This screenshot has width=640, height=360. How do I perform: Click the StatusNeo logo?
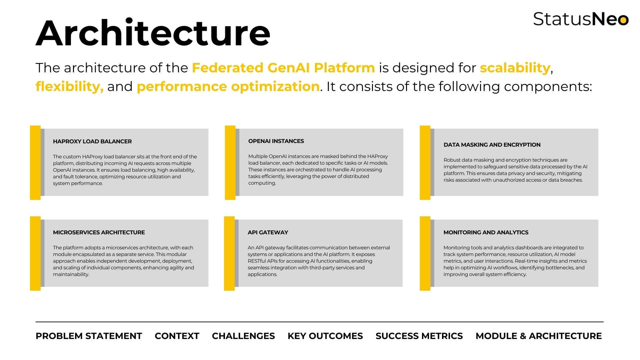(x=581, y=19)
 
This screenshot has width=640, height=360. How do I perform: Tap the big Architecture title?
(x=153, y=33)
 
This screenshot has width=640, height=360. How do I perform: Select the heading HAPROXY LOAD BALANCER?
(x=92, y=141)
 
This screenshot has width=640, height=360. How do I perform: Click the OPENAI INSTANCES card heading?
(x=276, y=141)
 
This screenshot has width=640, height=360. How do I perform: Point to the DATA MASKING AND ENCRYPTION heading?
(x=492, y=145)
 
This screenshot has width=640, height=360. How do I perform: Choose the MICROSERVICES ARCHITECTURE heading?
(x=99, y=232)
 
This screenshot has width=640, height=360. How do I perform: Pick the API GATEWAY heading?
(x=268, y=232)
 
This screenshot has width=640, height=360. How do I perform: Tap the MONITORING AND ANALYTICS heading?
(x=486, y=232)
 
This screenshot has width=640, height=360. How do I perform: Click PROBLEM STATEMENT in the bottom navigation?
(x=89, y=336)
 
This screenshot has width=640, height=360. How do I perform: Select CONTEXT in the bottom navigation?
(x=177, y=336)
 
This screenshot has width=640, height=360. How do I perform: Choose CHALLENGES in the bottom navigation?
(x=243, y=336)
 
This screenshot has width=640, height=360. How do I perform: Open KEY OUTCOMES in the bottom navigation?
(x=325, y=336)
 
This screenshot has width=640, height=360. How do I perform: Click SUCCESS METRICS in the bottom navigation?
(x=419, y=336)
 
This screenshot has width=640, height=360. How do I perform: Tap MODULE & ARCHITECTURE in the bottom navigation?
(x=539, y=336)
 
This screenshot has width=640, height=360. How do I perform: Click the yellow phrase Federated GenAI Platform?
(x=284, y=68)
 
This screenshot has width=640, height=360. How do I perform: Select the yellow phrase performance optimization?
(x=228, y=87)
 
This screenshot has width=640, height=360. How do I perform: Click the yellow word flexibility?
(x=70, y=87)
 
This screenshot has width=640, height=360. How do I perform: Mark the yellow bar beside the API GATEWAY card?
(x=229, y=253)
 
